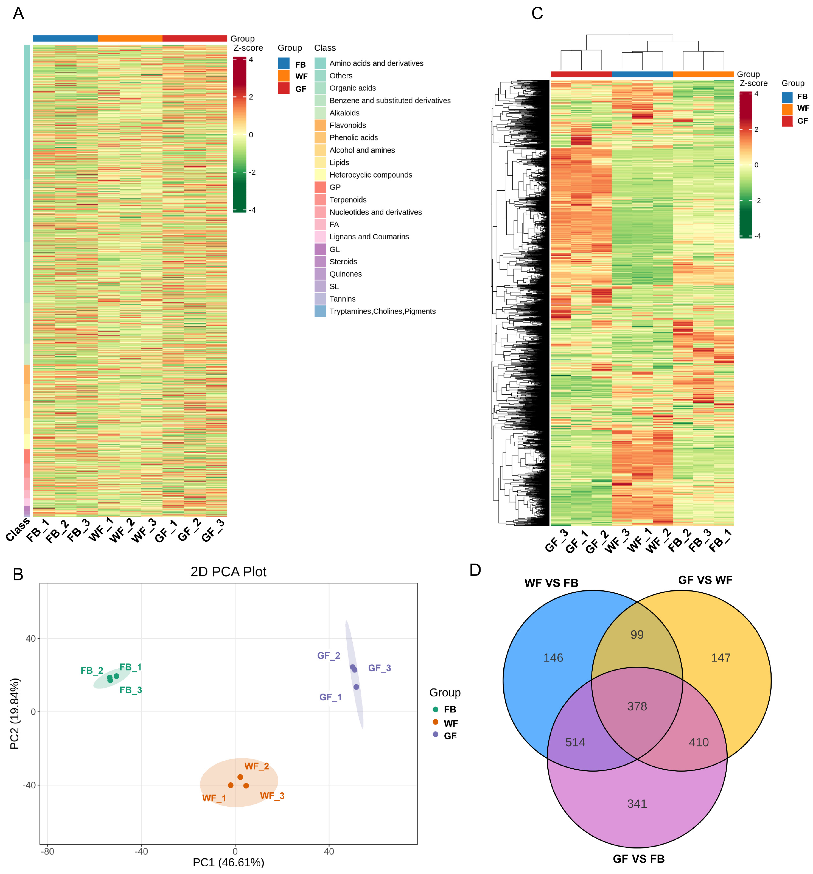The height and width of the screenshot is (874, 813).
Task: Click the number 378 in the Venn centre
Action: [x=637, y=706]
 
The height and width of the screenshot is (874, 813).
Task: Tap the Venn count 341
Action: [x=637, y=804]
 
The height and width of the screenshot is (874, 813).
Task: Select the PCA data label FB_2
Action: [x=92, y=670]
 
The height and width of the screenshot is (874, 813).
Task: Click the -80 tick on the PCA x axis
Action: [x=47, y=851]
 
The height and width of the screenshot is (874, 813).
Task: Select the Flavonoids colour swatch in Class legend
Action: [x=320, y=125]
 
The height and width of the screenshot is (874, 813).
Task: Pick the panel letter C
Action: [x=537, y=13]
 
